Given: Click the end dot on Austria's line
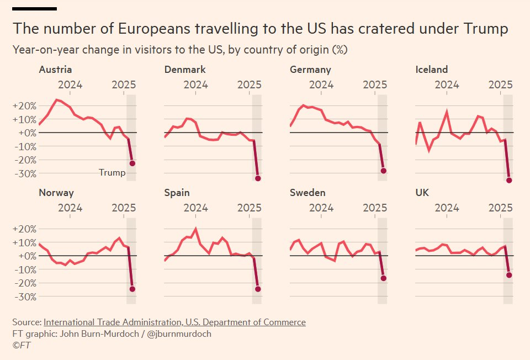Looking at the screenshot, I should pos(132,163).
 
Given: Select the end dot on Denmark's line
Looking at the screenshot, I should pos(258,178).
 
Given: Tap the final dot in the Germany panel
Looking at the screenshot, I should pos(383,171).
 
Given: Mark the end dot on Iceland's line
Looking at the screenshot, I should pos(509,181).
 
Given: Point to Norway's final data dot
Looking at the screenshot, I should pos(132,289).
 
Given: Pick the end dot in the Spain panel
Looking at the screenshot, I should pos(258,289).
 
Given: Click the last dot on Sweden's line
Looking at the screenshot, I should pos(383,278).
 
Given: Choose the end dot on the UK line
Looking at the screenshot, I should pos(509,275).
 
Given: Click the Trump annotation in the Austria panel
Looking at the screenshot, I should pos(112,173).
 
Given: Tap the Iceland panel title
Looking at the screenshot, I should pos(431,70).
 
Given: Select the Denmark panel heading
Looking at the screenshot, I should pos(185,70).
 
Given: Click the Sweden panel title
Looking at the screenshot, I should pos(308,193).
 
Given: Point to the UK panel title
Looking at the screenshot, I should pos(422,193).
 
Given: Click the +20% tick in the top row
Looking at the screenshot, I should pos(24,106).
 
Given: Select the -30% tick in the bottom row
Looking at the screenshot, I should pos(24,297).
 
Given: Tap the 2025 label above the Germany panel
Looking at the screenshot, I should pos(375,85).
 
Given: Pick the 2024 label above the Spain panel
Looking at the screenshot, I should pos(195,208).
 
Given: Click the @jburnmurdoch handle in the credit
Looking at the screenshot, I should pos(180,334).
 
